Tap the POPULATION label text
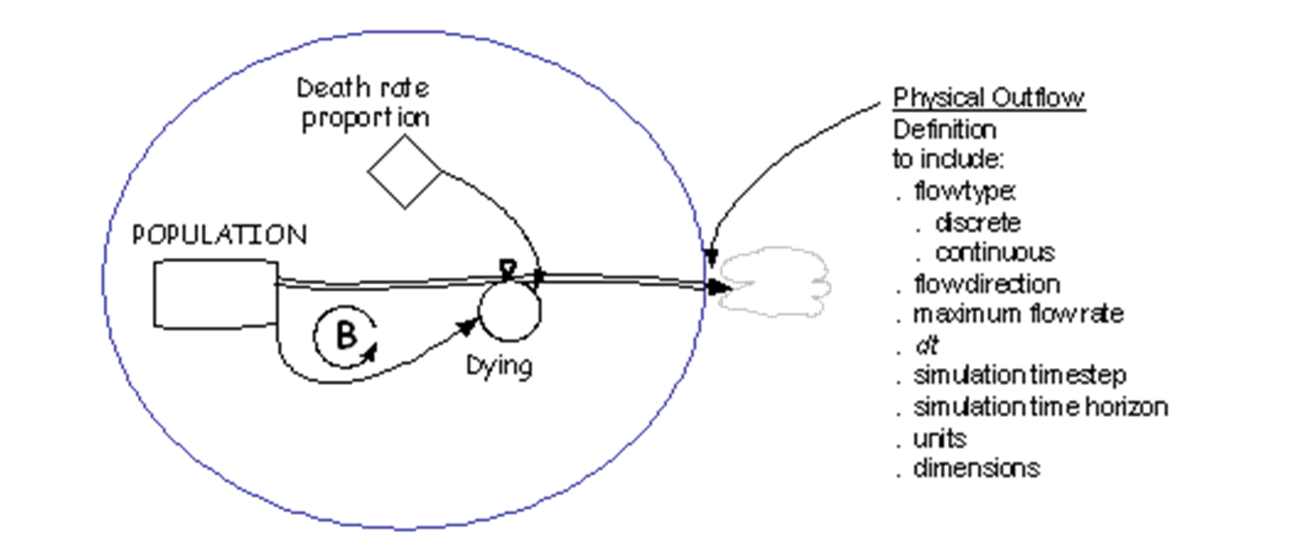220,235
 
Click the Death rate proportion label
364,103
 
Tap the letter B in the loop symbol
347,335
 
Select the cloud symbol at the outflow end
775,282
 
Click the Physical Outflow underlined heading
989,97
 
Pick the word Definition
945,129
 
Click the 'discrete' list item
978,223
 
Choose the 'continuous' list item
995,253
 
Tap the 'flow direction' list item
987,284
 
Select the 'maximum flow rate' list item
1018,314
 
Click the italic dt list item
927,345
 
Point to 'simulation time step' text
1019,375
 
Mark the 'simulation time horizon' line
1041,407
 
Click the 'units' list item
939,439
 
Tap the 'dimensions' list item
977,468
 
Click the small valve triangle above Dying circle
508,269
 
